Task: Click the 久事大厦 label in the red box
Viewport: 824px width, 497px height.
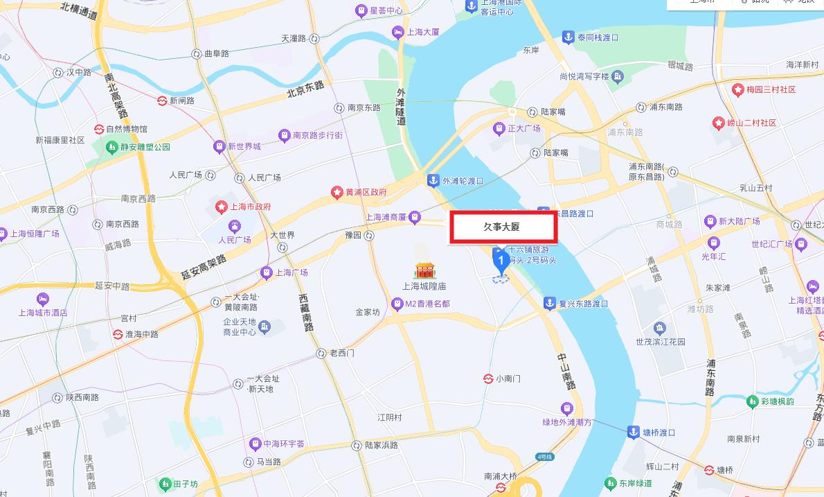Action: (x=502, y=227)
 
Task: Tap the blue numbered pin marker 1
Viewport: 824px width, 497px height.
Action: (x=501, y=260)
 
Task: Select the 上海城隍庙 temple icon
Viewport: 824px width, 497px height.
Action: (x=424, y=270)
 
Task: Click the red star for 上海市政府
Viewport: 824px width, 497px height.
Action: (x=222, y=207)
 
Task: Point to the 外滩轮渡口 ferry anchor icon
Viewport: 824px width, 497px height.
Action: (x=433, y=180)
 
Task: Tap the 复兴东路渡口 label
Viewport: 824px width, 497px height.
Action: (x=583, y=303)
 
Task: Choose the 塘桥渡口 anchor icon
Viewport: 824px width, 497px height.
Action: (x=633, y=432)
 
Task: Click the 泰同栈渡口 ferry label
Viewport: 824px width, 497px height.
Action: (x=598, y=37)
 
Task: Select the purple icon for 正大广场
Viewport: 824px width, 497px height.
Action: (x=499, y=128)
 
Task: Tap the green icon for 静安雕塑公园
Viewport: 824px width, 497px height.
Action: (x=111, y=147)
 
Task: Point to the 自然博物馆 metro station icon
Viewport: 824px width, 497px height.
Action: (x=99, y=129)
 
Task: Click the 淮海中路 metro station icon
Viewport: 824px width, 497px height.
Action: (x=118, y=334)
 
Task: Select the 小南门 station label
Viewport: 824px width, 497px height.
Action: (x=508, y=378)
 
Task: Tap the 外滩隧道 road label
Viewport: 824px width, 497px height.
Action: (x=401, y=106)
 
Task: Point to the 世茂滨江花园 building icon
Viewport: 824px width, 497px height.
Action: (x=659, y=327)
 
